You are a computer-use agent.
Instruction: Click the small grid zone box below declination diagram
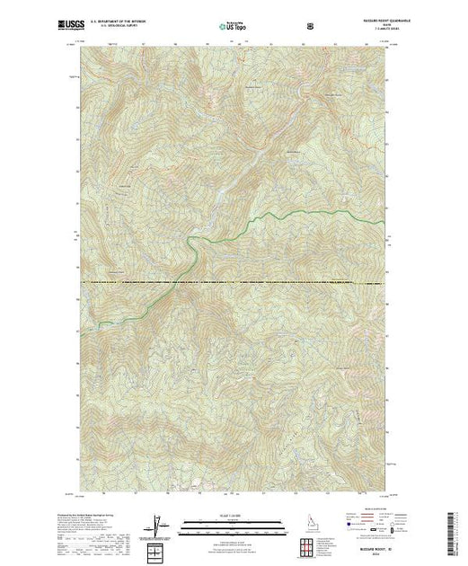coord(157,547)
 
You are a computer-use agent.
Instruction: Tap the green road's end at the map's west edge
coord(97,322)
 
